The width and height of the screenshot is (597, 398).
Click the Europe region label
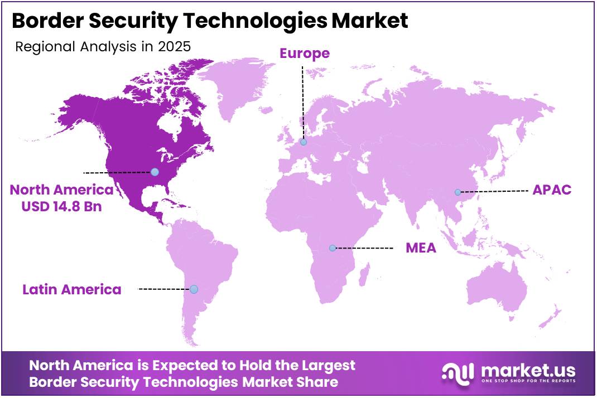(304, 54)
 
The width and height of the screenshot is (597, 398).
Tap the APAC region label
(552, 190)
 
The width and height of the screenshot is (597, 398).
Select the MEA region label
(421, 247)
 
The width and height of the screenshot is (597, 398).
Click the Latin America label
(71, 289)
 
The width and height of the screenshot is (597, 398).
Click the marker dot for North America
(155, 172)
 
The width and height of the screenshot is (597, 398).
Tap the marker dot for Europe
(304, 142)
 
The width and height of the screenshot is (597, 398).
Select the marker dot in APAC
(458, 192)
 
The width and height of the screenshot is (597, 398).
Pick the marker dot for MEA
(333, 248)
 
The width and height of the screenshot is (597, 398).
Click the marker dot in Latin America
(194, 289)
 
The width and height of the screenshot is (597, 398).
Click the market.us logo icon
(458, 372)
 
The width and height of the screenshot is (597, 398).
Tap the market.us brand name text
(527, 370)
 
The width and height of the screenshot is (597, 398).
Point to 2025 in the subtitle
(174, 47)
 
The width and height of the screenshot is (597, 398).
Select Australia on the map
(497, 290)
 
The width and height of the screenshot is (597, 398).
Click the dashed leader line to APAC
(494, 191)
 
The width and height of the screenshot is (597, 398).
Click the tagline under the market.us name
(527, 382)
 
